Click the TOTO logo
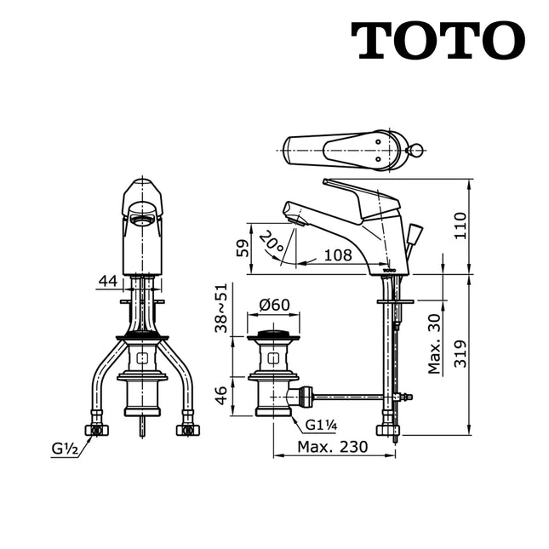[x=437, y=40]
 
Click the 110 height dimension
[x=460, y=226]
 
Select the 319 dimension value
[x=460, y=352]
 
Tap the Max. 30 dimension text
[x=435, y=343]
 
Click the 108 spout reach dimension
[x=338, y=254]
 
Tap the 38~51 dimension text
[x=222, y=307]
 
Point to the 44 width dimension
[x=107, y=280]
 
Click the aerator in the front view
[x=142, y=221]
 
